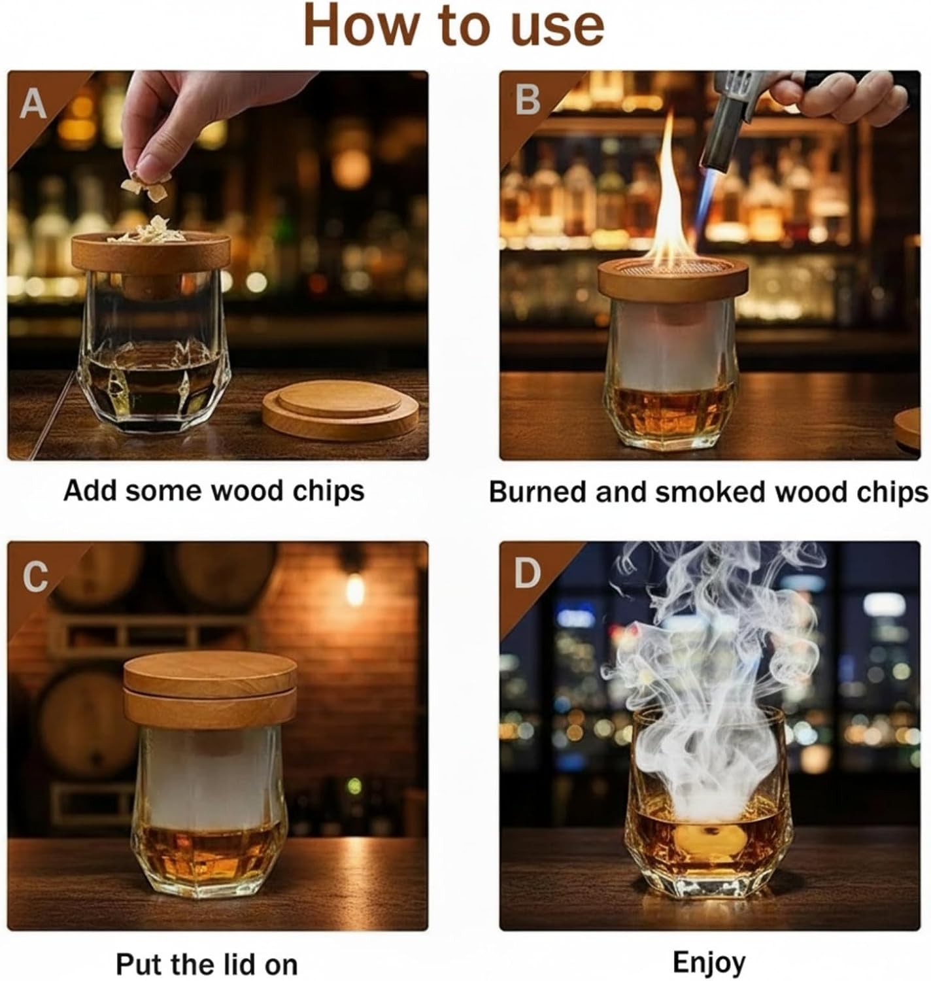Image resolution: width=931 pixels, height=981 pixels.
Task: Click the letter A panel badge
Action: (33, 104)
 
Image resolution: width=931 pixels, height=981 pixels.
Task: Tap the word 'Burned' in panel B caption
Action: (538, 492)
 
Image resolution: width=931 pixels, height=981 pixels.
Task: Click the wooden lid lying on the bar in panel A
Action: (340, 410)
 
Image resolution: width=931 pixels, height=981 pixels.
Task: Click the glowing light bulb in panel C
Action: (355, 591)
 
